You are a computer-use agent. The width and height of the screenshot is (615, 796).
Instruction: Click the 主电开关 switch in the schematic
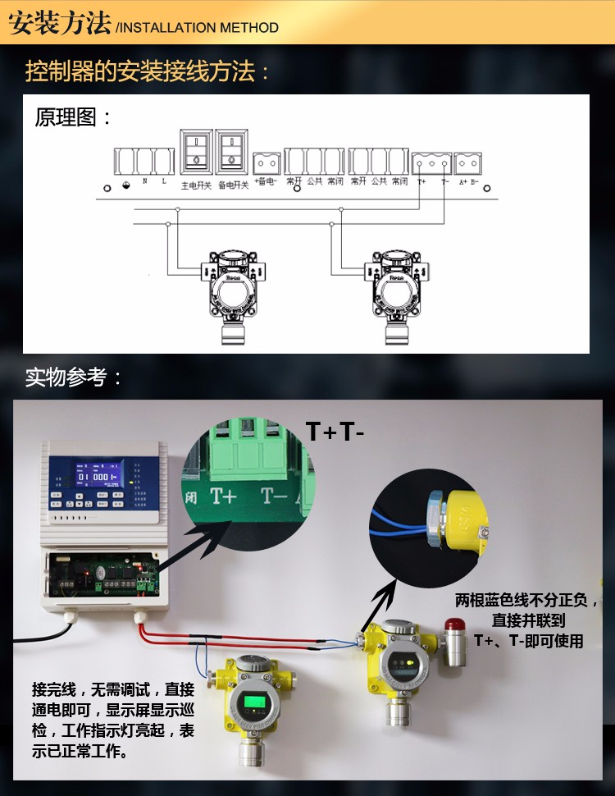[x=196, y=152]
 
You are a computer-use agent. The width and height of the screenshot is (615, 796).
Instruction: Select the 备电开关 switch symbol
[x=232, y=152]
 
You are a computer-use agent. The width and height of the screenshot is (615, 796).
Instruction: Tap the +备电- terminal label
[x=266, y=181]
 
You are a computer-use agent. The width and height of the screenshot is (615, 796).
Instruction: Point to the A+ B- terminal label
[x=468, y=181]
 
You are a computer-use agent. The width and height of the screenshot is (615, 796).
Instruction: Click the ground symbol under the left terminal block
[x=125, y=182]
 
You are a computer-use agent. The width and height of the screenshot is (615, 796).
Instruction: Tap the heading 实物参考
[x=74, y=377]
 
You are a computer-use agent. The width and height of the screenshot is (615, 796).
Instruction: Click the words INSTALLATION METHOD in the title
[x=198, y=28]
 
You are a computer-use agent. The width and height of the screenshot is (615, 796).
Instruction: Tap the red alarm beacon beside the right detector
[x=455, y=629]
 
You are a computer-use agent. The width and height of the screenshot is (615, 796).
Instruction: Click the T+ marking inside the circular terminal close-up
[x=225, y=496]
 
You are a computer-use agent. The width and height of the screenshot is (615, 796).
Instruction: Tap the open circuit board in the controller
[x=102, y=574]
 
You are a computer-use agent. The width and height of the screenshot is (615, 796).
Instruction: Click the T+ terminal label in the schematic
[x=421, y=181]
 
